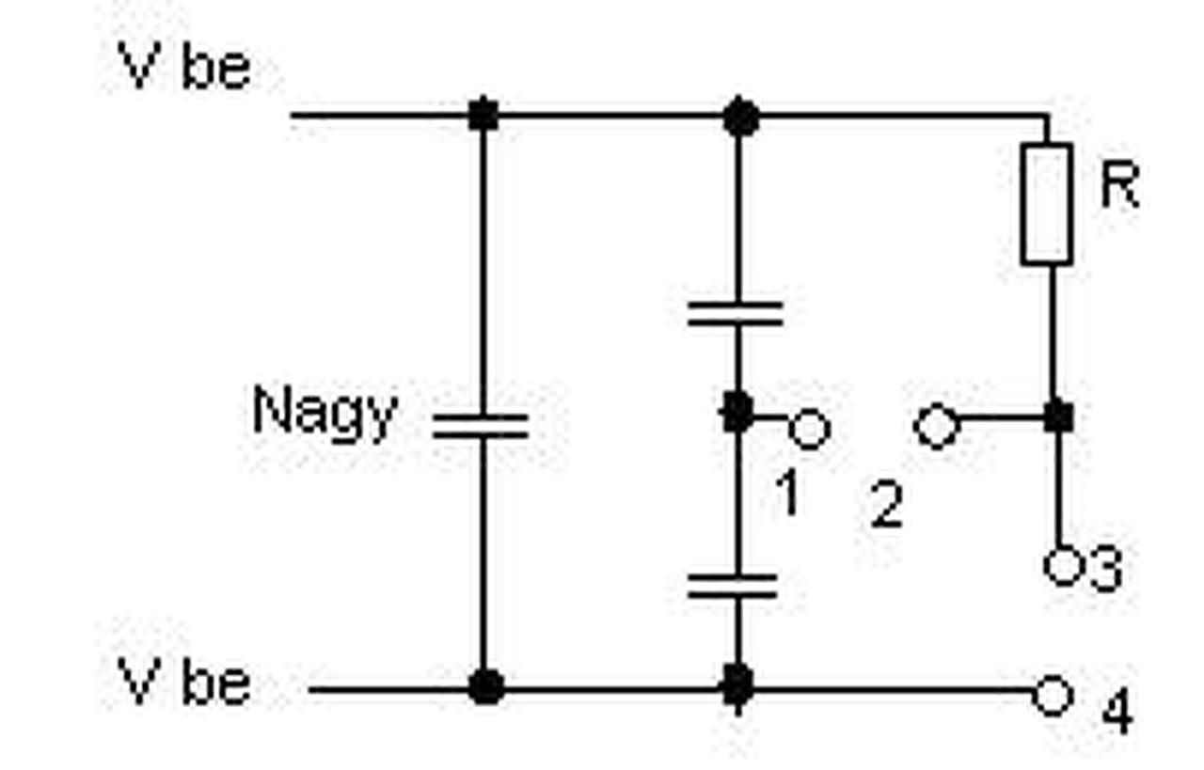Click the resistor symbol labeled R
pos(1046,204)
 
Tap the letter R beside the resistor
pos(1118,186)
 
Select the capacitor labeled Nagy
pos(481,427)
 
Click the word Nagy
pos(325,414)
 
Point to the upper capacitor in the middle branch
pos(736,314)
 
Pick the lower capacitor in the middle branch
pos(734,587)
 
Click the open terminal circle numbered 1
pos(808,429)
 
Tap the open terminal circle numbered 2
pos(936,427)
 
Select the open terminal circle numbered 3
pos(1062,567)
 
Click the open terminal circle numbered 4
pos(1053,697)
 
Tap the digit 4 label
pos(1117,712)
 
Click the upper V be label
pos(184,69)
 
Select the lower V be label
pos(184,683)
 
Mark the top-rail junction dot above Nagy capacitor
pos(483,116)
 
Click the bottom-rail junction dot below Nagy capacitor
pos(485,687)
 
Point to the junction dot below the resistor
pos(1059,416)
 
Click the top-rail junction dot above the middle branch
pos(741,117)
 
